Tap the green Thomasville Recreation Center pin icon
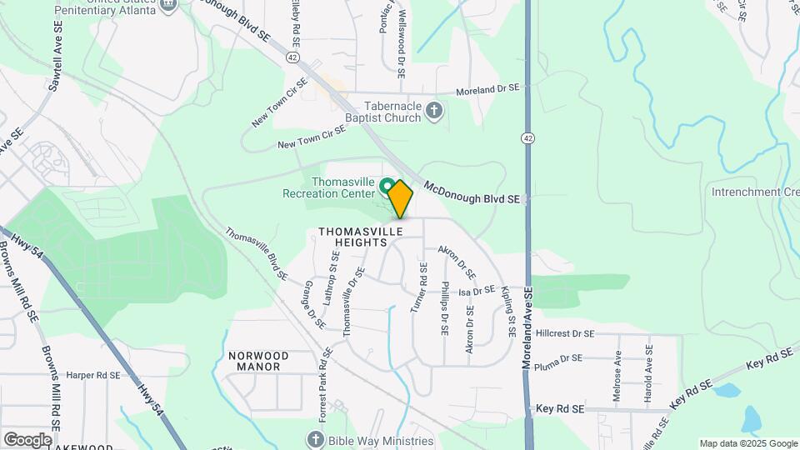(x=387, y=183)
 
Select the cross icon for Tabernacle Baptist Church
(x=433, y=111)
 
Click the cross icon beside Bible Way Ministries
(x=316, y=440)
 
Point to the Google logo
(x=27, y=439)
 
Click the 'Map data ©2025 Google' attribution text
(x=747, y=443)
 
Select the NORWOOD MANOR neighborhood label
(x=257, y=361)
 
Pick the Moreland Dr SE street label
(x=488, y=88)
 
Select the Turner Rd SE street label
(x=418, y=287)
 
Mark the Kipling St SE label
(x=507, y=312)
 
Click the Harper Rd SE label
(x=94, y=375)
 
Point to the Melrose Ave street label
(x=617, y=376)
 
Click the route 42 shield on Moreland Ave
(x=528, y=139)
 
